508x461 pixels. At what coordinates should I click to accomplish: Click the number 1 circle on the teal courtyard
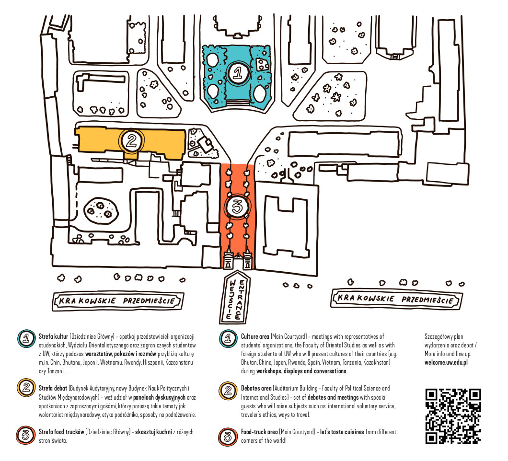(237, 72)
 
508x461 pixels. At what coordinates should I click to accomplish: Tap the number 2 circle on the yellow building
(131, 140)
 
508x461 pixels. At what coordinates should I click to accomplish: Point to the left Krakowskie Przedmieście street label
(118, 301)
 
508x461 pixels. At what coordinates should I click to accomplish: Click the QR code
(453, 415)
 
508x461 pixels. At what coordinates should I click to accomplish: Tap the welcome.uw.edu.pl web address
(446, 362)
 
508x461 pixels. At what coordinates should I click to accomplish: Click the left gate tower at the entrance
(228, 259)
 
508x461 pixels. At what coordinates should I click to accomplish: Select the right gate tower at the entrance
(247, 259)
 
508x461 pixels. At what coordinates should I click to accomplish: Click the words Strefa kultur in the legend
(53, 337)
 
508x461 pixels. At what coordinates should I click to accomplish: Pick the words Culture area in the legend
(255, 337)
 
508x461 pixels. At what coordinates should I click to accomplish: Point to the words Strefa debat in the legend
(53, 388)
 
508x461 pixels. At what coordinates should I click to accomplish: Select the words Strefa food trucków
(61, 432)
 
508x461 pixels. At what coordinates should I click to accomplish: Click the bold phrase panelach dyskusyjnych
(160, 397)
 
